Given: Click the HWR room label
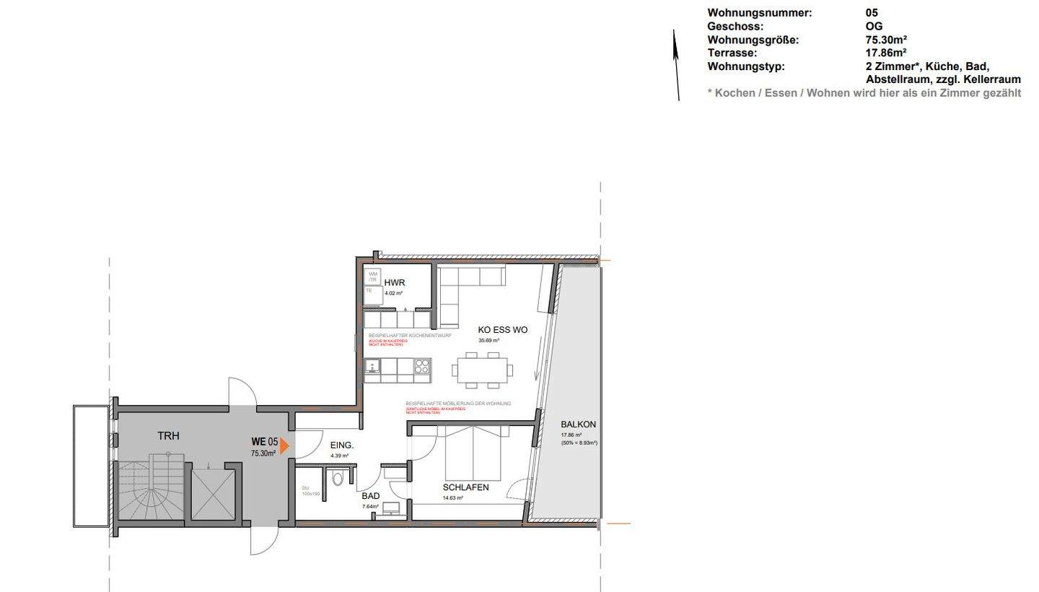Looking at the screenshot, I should click(x=395, y=282).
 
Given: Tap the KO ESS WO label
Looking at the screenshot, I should click(x=502, y=330).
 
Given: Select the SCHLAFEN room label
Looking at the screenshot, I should click(x=465, y=487).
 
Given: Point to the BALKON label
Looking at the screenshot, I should click(x=578, y=425).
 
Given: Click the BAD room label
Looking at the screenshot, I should click(x=370, y=496).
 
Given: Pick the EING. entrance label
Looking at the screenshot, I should click(x=341, y=445).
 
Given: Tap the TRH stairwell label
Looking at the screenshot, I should click(x=168, y=436).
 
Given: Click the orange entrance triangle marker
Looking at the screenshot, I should click(x=284, y=446).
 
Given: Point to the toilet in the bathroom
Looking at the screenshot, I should click(x=337, y=479).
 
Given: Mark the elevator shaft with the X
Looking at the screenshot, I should click(x=214, y=494).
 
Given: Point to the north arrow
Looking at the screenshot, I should click(x=677, y=65).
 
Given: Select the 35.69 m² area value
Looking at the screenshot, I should click(x=488, y=340).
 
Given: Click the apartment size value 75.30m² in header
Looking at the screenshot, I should click(x=886, y=40).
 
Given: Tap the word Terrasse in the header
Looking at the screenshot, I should click(x=732, y=53).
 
